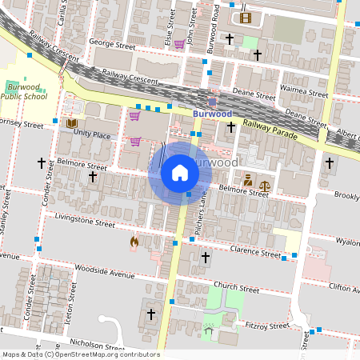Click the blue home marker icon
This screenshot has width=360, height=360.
[x=180, y=173]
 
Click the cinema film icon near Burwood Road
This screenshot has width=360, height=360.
[x=245, y=18]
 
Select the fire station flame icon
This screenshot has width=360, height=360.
[x=134, y=240]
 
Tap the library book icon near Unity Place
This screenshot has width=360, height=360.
[x=72, y=123]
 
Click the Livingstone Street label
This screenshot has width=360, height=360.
[x=84, y=221]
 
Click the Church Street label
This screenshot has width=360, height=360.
[x=238, y=290]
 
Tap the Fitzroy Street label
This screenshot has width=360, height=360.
[x=267, y=326]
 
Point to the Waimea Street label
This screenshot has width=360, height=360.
[x=305, y=94]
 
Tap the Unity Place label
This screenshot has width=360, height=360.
[x=92, y=135]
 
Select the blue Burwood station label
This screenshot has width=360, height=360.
[x=212, y=114]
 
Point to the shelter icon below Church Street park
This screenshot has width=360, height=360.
[x=209, y=330]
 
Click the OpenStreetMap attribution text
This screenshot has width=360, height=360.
[x=81, y=354]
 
